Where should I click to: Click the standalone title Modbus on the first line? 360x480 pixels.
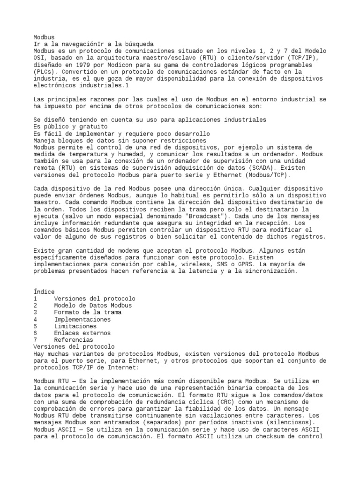pyautogui.click(x=44, y=37)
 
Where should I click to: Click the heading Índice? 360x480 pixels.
pyautogui.click(x=44, y=292)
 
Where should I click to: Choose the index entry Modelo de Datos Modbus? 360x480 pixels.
pyautogui.click(x=93, y=306)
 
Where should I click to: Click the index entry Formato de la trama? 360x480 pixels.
pyautogui.click(x=88, y=313)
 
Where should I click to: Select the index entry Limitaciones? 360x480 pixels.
pyautogui.click(x=75, y=326)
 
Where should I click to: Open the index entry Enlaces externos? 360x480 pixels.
pyautogui.click(x=82, y=333)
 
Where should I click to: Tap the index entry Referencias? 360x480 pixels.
pyautogui.click(x=74, y=340)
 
